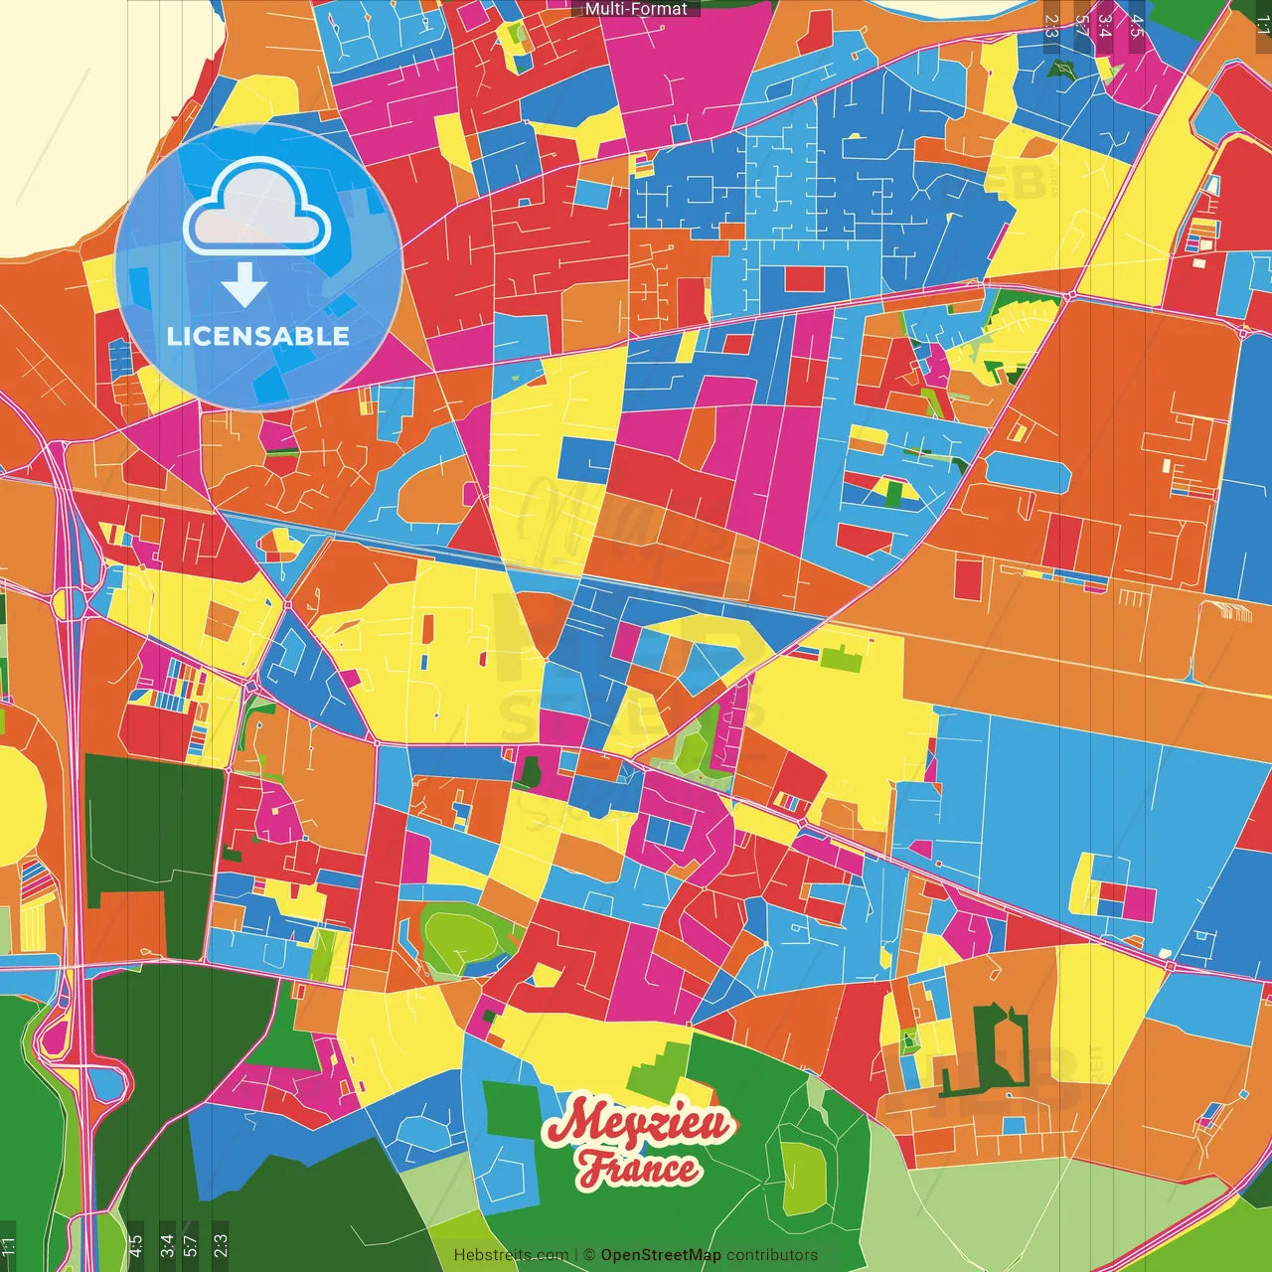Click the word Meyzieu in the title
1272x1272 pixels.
click(640, 1123)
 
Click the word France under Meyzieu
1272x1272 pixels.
click(639, 1169)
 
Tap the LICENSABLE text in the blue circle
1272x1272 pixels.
click(258, 336)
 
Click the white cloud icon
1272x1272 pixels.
click(257, 207)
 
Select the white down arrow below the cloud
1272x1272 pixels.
click(244, 284)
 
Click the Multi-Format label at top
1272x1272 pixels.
click(636, 9)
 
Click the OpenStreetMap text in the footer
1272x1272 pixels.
click(660, 1255)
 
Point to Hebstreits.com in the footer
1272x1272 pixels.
click(511, 1255)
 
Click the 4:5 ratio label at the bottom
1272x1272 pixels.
click(136, 1245)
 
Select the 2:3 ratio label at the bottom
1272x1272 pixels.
click(221, 1245)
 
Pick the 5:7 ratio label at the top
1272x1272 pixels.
click(1081, 26)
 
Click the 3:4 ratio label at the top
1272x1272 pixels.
click(1104, 26)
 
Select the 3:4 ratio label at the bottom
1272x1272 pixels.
click(167, 1245)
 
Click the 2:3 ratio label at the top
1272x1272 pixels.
click(1051, 26)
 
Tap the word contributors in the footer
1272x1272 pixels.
click(772, 1255)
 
